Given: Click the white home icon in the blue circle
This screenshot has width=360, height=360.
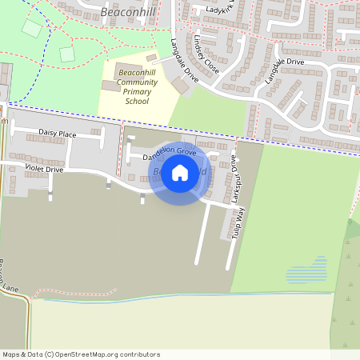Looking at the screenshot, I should [x=180, y=173].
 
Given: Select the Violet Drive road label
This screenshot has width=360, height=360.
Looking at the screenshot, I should [x=43, y=169].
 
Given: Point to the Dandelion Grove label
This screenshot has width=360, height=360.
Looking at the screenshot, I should [x=169, y=151].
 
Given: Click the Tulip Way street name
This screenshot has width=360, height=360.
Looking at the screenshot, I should [x=238, y=222].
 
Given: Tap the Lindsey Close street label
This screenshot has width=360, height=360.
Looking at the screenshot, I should [x=206, y=54].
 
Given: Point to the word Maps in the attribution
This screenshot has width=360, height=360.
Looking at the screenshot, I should [x=11, y=354].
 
